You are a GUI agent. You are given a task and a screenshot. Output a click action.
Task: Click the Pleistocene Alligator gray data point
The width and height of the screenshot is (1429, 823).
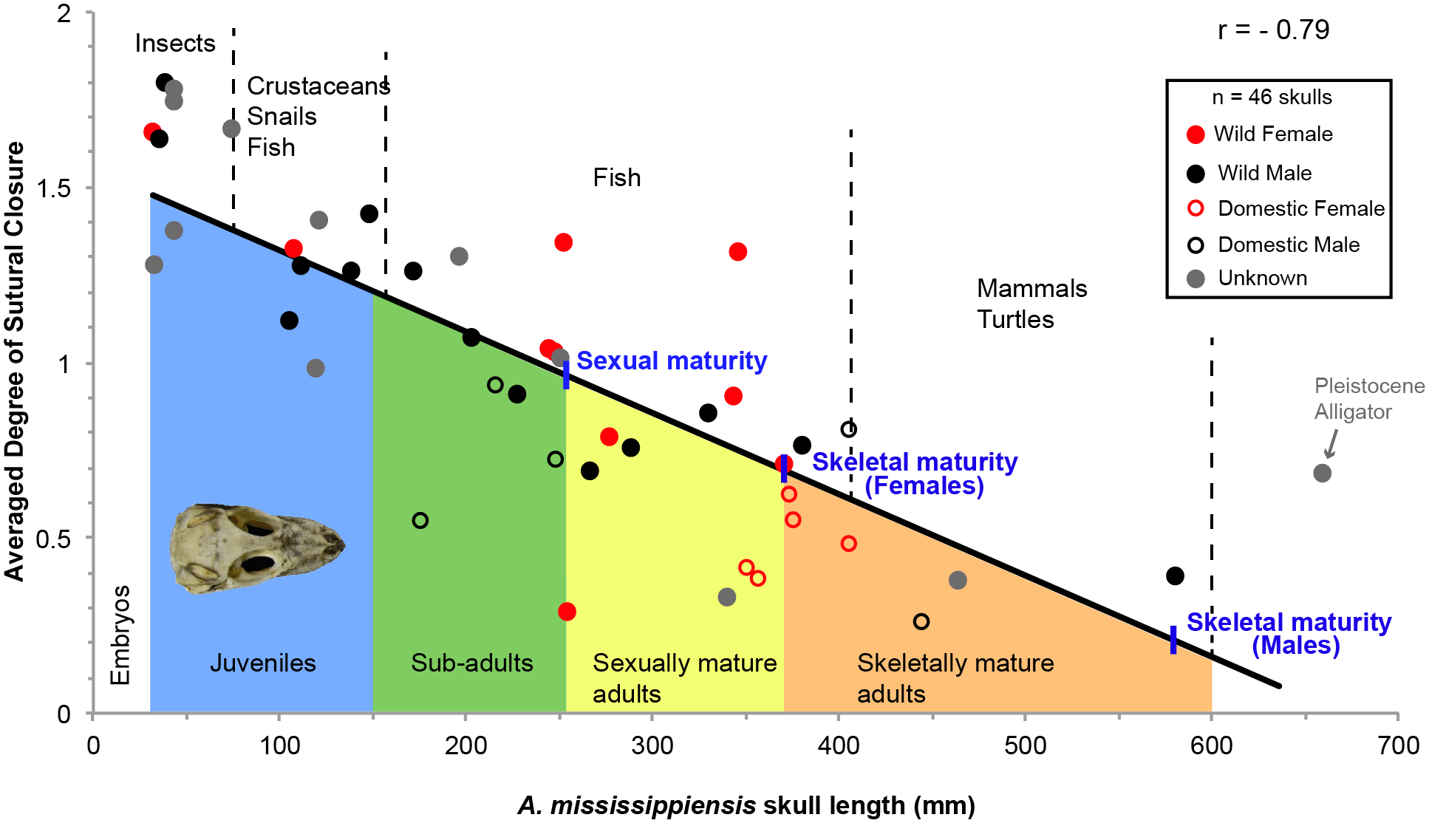(1322, 473)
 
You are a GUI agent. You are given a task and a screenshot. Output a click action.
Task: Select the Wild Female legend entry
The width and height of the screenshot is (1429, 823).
(1272, 134)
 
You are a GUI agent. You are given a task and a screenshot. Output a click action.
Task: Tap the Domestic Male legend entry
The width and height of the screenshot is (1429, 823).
(1287, 245)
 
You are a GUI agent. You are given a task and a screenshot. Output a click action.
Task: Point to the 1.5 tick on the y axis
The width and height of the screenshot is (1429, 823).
(54, 188)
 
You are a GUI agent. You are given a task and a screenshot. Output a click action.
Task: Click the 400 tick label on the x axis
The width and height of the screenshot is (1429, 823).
(838, 745)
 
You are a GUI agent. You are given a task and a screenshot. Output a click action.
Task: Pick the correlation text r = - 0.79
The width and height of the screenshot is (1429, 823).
(1273, 30)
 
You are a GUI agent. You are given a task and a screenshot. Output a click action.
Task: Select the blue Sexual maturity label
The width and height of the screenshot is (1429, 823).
(671, 361)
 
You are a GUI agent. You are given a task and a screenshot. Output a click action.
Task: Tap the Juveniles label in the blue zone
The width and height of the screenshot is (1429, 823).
(262, 663)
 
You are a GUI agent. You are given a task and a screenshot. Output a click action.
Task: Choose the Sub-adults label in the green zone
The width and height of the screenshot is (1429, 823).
(471, 663)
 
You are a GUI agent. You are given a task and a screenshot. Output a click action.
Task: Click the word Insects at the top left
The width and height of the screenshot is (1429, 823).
(174, 44)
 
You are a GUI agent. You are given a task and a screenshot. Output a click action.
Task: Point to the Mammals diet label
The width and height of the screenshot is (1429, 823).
(1031, 288)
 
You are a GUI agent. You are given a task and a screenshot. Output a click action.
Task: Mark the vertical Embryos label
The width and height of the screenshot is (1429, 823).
(120, 635)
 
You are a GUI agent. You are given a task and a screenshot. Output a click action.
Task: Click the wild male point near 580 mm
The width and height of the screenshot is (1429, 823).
(1175, 576)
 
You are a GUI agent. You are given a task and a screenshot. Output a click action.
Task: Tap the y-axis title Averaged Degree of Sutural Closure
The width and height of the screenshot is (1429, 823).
(15, 362)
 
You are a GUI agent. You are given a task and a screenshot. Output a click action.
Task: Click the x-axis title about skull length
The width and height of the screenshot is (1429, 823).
(746, 805)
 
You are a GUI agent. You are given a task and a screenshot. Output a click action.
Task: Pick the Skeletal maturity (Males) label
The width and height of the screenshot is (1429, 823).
(1289, 633)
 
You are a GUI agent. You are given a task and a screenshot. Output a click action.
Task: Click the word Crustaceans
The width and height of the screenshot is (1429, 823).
(318, 86)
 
